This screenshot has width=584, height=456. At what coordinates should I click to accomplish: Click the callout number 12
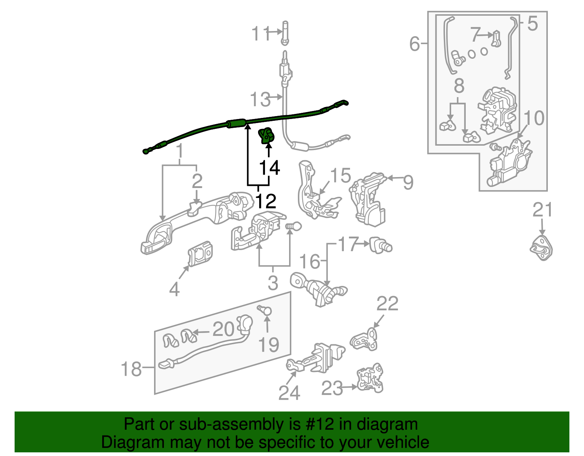(x=266, y=201)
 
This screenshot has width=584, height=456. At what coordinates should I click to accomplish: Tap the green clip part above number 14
(x=266, y=136)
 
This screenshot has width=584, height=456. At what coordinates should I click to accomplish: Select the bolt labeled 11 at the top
(x=285, y=32)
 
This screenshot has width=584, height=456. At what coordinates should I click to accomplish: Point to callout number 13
(x=260, y=99)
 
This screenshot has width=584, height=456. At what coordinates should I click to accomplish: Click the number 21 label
(x=542, y=210)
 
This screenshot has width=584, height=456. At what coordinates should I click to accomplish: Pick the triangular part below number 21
(x=541, y=248)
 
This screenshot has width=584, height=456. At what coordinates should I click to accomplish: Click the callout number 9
(x=408, y=182)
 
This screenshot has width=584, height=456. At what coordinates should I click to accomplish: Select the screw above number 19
(x=265, y=310)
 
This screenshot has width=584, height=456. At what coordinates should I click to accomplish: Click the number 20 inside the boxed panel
(x=223, y=329)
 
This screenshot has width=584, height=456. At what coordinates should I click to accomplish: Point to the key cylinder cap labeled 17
(x=381, y=245)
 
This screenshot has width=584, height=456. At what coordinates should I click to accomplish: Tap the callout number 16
(x=309, y=262)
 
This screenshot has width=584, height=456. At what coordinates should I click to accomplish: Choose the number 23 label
(x=332, y=388)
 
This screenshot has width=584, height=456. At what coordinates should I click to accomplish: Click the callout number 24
(x=289, y=393)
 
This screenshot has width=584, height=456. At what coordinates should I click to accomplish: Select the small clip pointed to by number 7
(x=496, y=38)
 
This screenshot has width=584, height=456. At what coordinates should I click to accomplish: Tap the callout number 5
(x=533, y=24)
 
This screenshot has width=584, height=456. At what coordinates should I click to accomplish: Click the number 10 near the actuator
(x=534, y=118)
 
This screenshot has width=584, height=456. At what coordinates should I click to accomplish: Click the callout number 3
(x=273, y=283)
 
